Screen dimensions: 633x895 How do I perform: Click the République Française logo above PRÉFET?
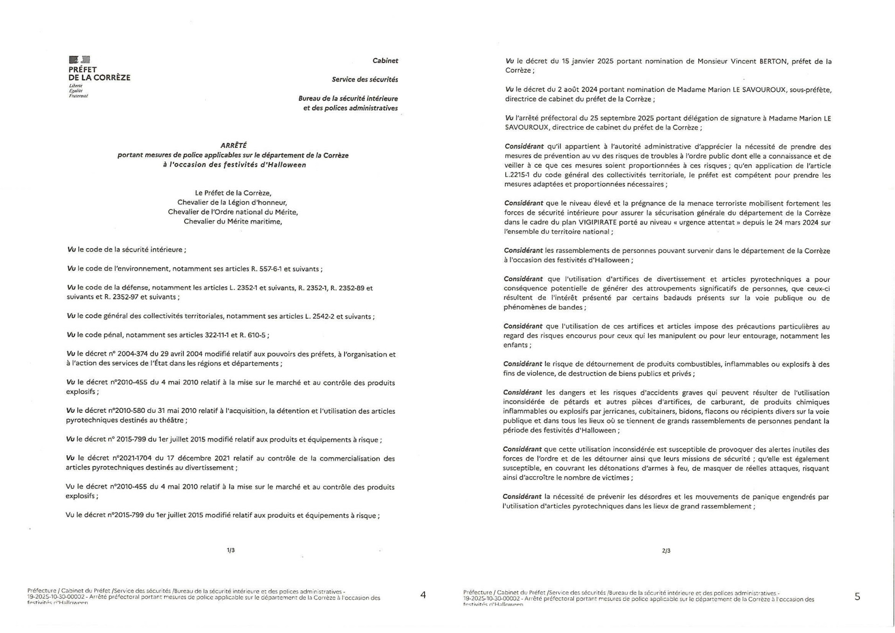coord(79,60)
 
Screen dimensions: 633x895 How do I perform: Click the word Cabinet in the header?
coord(385,61)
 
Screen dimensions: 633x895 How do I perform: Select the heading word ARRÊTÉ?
coord(234,146)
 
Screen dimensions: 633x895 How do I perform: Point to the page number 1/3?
coord(231,550)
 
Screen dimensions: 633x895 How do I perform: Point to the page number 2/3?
coord(666,551)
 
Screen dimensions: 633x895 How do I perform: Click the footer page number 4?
coord(423,595)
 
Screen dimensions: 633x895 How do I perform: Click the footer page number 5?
coord(857,597)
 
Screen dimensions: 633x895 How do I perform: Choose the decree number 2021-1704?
coord(133,459)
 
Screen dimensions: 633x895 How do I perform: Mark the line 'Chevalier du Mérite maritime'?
coord(233,222)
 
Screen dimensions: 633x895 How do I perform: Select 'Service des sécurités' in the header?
coord(365,80)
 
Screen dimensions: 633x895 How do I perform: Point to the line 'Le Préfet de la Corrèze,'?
coord(233,193)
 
